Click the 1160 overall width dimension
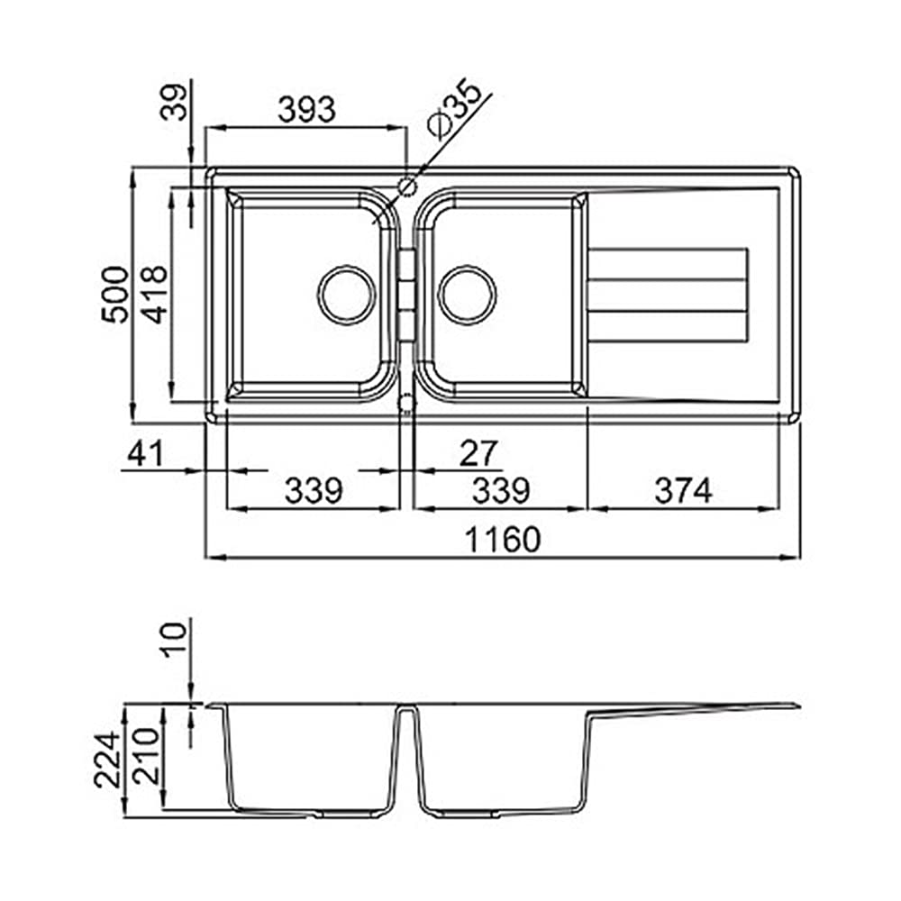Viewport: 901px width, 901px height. pyautogui.click(x=503, y=540)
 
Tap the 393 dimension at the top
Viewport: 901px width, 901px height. pyautogui.click(x=306, y=109)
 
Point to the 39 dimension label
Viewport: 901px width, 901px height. pyautogui.click(x=174, y=102)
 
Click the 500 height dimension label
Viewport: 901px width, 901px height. pyautogui.click(x=114, y=295)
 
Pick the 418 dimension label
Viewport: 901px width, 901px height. pyautogui.click(x=153, y=295)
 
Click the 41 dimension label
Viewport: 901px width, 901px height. pyautogui.click(x=145, y=453)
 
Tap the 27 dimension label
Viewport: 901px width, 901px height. pyautogui.click(x=478, y=453)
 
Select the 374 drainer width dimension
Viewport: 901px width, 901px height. pyautogui.click(x=683, y=491)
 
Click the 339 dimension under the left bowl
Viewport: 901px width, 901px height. pyautogui.click(x=314, y=491)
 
